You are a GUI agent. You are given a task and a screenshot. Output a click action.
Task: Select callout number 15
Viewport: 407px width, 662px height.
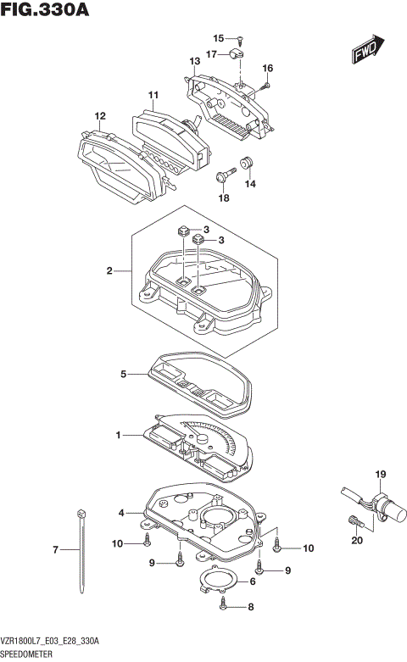pyautogui.click(x=218, y=38)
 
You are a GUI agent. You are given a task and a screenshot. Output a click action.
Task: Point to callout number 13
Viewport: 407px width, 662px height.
pyautogui.click(x=194, y=62)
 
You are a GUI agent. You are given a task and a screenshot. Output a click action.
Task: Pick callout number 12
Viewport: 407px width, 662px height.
pyautogui.click(x=100, y=116)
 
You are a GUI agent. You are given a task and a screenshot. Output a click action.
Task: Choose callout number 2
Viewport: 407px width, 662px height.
pyautogui.click(x=109, y=271)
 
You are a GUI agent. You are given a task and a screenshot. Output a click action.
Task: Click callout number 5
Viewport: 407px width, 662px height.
pyautogui.click(x=123, y=372)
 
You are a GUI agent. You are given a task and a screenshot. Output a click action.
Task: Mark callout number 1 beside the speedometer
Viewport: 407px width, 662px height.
pyautogui.click(x=120, y=435)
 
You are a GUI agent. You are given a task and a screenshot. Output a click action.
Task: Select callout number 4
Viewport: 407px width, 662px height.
pyautogui.click(x=122, y=513)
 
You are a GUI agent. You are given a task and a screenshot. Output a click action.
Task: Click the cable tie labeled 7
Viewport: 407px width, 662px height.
pyautogui.click(x=82, y=551)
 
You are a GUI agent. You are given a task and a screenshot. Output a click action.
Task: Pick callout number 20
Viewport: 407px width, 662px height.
pyautogui.click(x=357, y=540)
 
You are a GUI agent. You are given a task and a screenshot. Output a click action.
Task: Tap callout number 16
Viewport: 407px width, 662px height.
pyautogui.click(x=268, y=68)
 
